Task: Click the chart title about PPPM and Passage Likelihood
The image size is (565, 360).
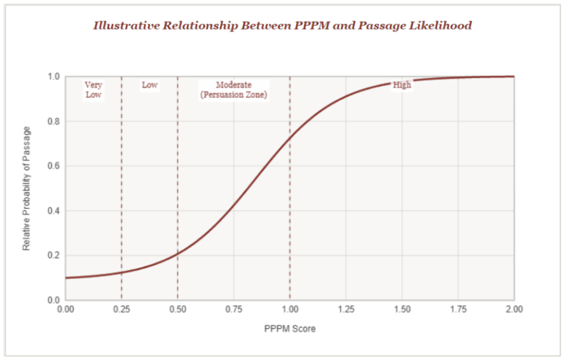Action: pos(282,25)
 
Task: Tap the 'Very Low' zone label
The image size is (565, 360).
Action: pos(93,90)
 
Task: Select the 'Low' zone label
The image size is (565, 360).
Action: pos(150,85)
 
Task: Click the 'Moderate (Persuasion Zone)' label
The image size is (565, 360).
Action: pos(234,90)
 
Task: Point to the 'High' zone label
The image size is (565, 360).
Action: pos(402,85)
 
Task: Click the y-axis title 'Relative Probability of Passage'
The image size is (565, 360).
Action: pos(27,189)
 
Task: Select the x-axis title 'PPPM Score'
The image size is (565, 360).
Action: pos(290,329)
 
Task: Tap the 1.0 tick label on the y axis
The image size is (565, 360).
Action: pos(54,77)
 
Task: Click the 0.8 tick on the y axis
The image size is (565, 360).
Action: pos(54,121)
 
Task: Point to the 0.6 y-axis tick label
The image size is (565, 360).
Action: pos(54,166)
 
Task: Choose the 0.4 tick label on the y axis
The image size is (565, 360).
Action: pos(54,211)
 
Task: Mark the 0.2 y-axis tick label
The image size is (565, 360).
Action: pos(54,256)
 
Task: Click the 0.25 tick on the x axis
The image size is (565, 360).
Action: pos(121,309)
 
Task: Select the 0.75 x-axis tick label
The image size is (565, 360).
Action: pos(234,309)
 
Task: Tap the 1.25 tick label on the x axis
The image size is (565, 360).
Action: pos(346,309)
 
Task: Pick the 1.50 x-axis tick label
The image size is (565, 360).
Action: pos(402,309)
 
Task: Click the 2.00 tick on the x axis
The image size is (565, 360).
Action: pos(514,309)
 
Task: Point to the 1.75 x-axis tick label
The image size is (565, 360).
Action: pos(458,309)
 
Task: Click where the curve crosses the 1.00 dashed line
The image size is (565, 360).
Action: pos(290,138)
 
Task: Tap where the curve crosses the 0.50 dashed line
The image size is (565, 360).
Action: pos(178,254)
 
